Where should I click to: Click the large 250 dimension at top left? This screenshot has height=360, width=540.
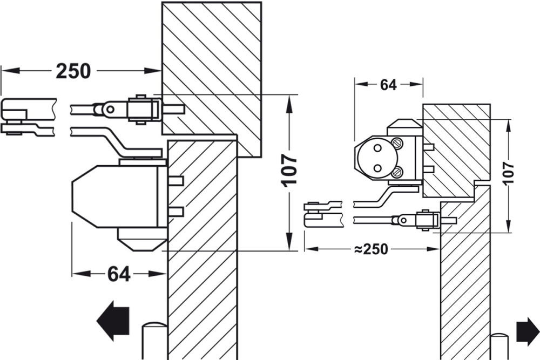[73, 70]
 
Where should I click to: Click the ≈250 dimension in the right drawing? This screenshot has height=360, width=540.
[372, 249]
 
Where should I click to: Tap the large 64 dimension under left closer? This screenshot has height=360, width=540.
[118, 274]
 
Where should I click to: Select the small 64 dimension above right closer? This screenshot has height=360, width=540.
[388, 85]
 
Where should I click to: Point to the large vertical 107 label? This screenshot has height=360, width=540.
[290, 169]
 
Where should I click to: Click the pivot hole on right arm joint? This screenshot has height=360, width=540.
[402, 220]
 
